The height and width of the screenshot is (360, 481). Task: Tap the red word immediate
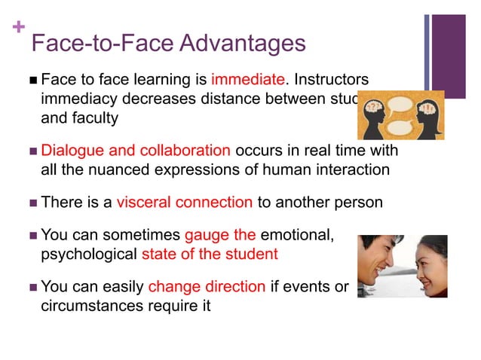pos(248,79)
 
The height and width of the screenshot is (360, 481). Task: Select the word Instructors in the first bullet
pos(332,79)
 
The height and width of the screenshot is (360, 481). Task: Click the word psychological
pos(88,254)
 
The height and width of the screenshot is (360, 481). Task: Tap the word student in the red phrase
pos(252,254)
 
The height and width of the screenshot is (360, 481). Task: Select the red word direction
pos(233,286)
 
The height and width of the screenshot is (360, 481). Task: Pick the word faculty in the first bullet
pos(93,117)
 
